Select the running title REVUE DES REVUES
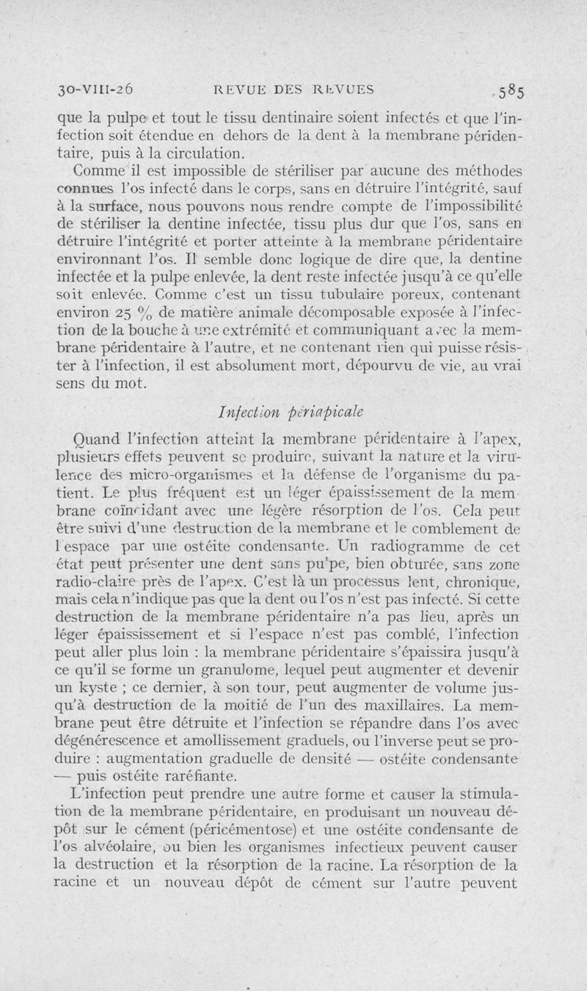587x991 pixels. tap(293, 90)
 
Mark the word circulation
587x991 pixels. tap(198, 153)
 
